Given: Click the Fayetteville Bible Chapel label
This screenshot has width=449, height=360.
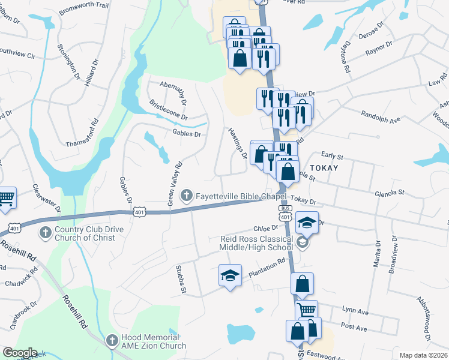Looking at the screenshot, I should click(x=241, y=196).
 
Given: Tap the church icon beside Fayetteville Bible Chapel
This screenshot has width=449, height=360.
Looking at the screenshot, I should click(x=187, y=196).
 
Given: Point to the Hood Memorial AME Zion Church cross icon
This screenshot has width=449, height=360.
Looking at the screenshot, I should click(x=111, y=341).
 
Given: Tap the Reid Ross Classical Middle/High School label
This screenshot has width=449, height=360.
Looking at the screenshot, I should click(x=256, y=243).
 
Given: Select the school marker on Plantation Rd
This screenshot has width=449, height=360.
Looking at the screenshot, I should click(x=230, y=275).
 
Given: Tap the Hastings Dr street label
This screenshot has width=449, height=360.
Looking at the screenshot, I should click(x=238, y=143).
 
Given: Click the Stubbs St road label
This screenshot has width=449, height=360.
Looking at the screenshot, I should click(x=179, y=280).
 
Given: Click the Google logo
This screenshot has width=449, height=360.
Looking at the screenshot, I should click(x=20, y=353).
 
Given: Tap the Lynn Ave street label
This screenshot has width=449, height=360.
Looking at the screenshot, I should click(x=355, y=311).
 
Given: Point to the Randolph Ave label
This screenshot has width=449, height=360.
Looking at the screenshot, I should click(x=380, y=116).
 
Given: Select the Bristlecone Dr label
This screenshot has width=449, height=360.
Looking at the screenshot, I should click(x=168, y=109).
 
